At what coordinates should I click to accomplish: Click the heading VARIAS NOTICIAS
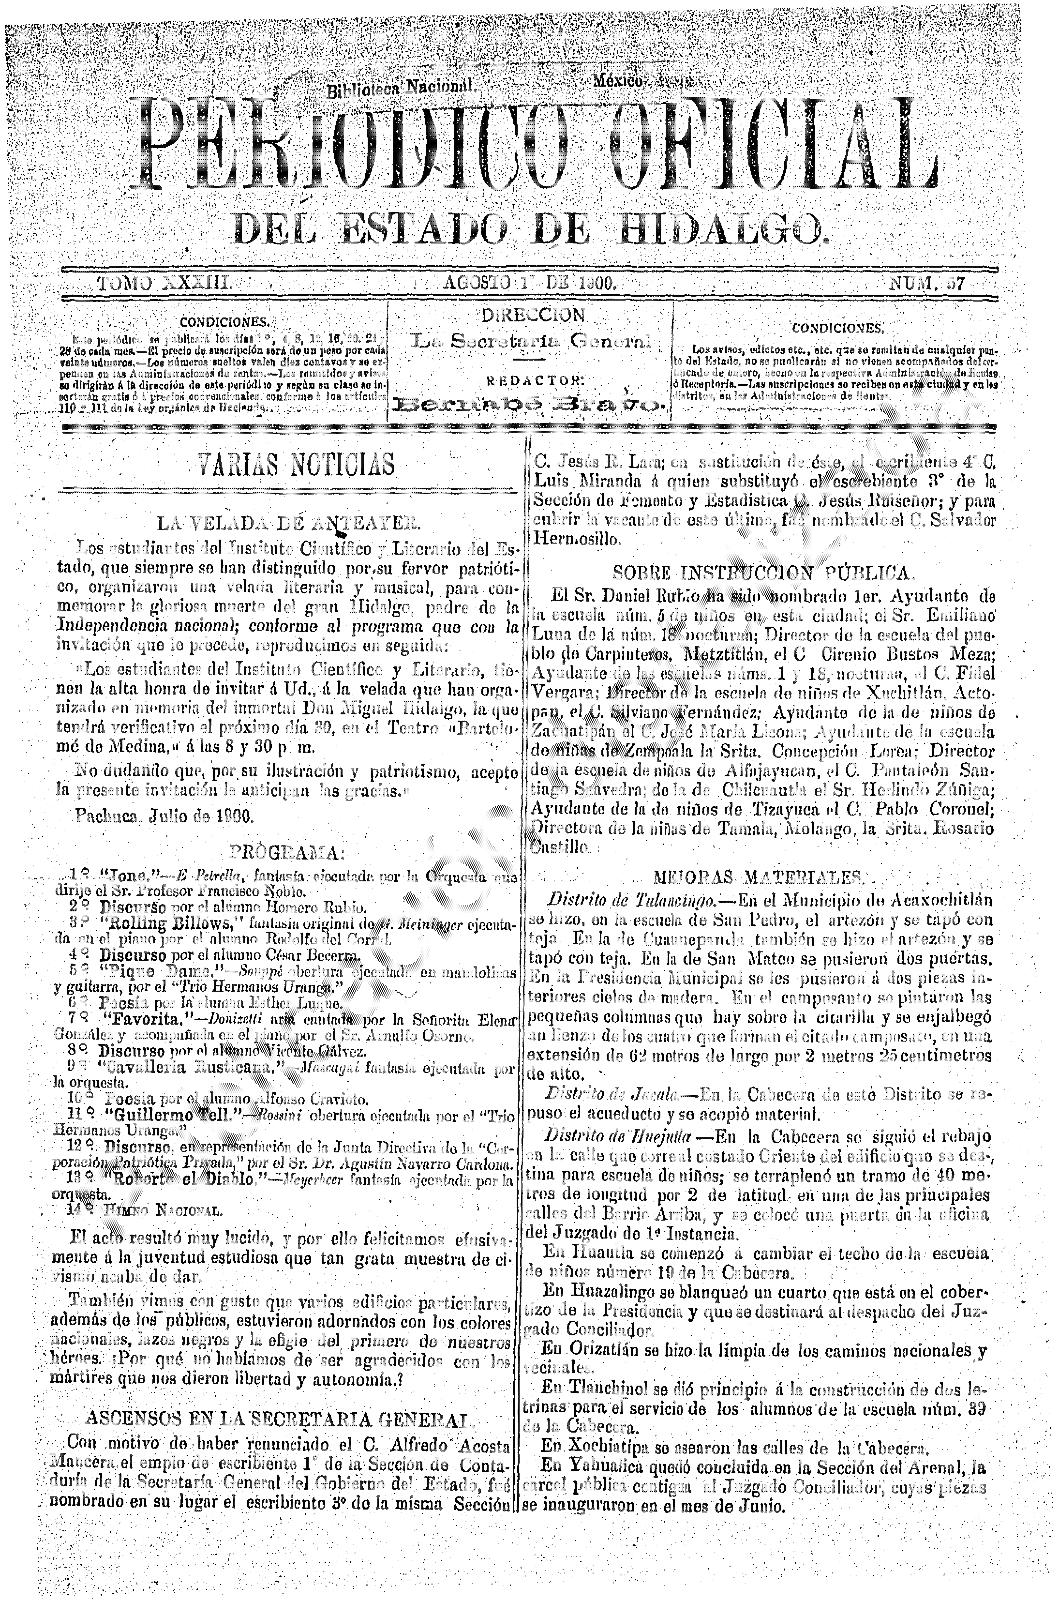click(x=295, y=465)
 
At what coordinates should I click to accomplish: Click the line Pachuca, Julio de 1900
click(x=164, y=816)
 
